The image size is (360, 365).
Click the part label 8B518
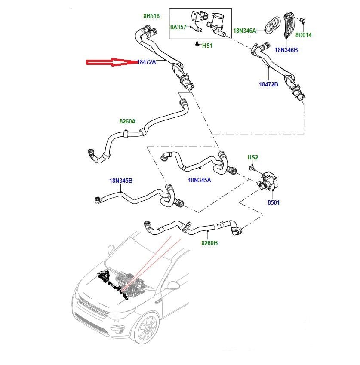(151, 16)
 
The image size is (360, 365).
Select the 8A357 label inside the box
(178, 27)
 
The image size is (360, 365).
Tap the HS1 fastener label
(207, 46)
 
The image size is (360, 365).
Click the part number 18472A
(146, 62)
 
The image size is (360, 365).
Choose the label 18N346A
(244, 31)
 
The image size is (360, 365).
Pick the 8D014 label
(303, 35)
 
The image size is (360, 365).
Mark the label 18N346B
(286, 50)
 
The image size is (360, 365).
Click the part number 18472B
(268, 85)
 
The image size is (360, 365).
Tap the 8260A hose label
(127, 122)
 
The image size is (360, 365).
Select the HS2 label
(252, 158)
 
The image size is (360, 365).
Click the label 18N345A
(200, 180)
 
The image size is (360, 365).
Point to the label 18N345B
(120, 181)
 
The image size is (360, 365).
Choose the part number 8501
(273, 202)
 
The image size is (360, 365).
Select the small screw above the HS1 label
(196, 44)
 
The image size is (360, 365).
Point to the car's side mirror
(172, 285)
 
